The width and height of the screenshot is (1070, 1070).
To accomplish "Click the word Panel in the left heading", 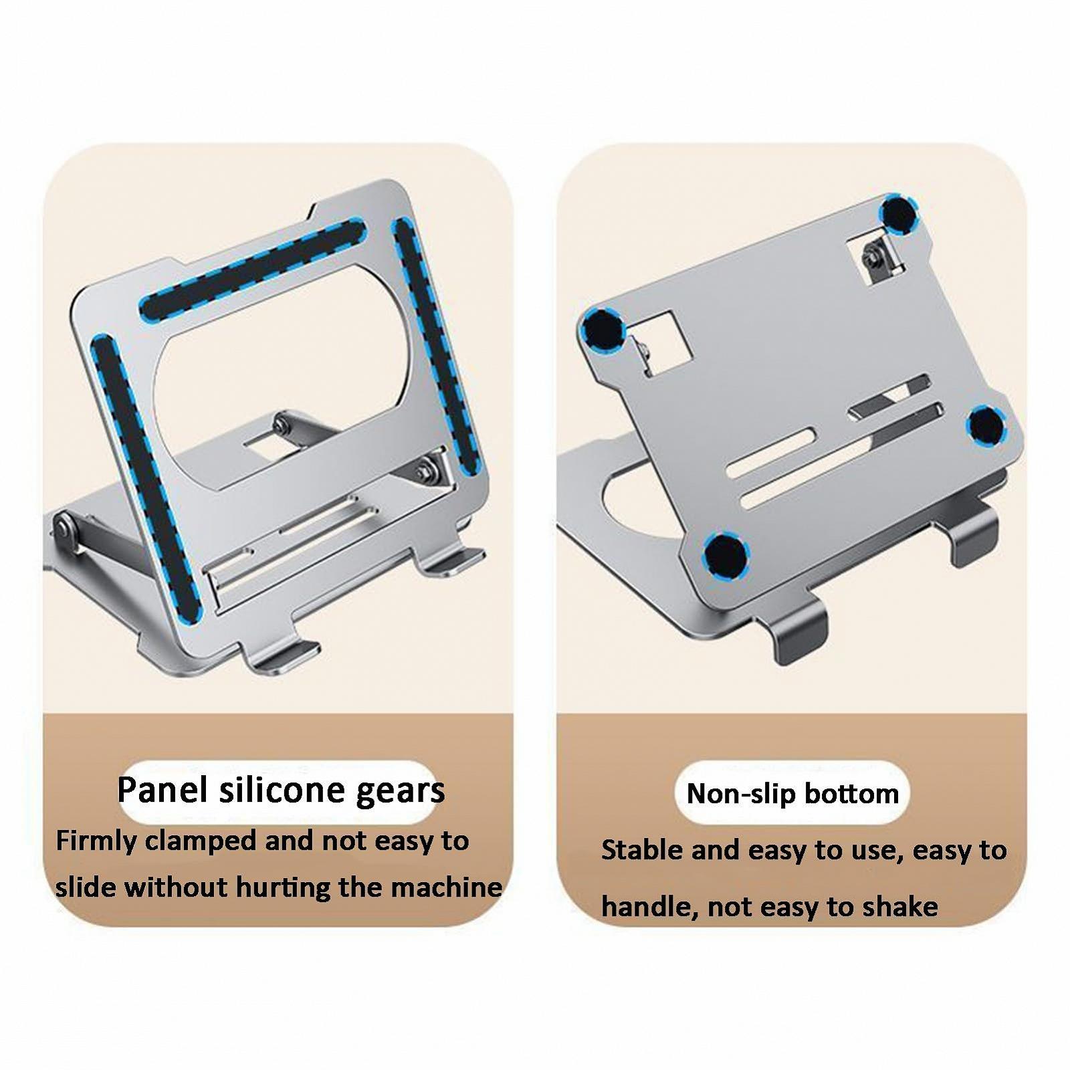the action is pyautogui.click(x=162, y=790).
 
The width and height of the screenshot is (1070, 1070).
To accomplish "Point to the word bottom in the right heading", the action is pyautogui.click(x=851, y=794).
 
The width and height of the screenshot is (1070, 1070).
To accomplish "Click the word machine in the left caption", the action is pyautogui.click(x=446, y=888).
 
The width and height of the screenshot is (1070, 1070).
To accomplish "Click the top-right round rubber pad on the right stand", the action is pyautogui.click(x=898, y=215).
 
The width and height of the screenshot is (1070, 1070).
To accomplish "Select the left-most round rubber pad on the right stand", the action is pyautogui.click(x=603, y=330).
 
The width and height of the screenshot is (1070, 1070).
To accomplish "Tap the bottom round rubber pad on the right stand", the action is pyautogui.click(x=725, y=555).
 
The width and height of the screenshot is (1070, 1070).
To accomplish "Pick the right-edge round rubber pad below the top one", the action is pyautogui.click(x=986, y=425).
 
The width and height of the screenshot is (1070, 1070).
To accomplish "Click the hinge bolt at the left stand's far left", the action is pyautogui.click(x=64, y=528).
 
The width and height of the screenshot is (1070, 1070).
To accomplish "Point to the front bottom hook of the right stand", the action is pyautogui.click(x=799, y=629).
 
